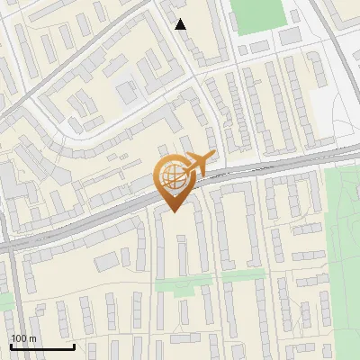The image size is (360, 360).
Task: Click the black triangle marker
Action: pyautogui.click(x=181, y=24)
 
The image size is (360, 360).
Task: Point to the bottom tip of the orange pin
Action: pyautogui.click(x=173, y=212)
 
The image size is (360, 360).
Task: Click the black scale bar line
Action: pyautogui.click(x=41, y=346)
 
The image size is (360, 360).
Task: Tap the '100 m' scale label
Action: pyautogui.click(x=24, y=338)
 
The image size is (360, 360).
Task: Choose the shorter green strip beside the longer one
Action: pyautogui.click(x=244, y=275)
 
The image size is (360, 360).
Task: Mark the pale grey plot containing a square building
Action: pyautogui.click(x=127, y=90)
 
